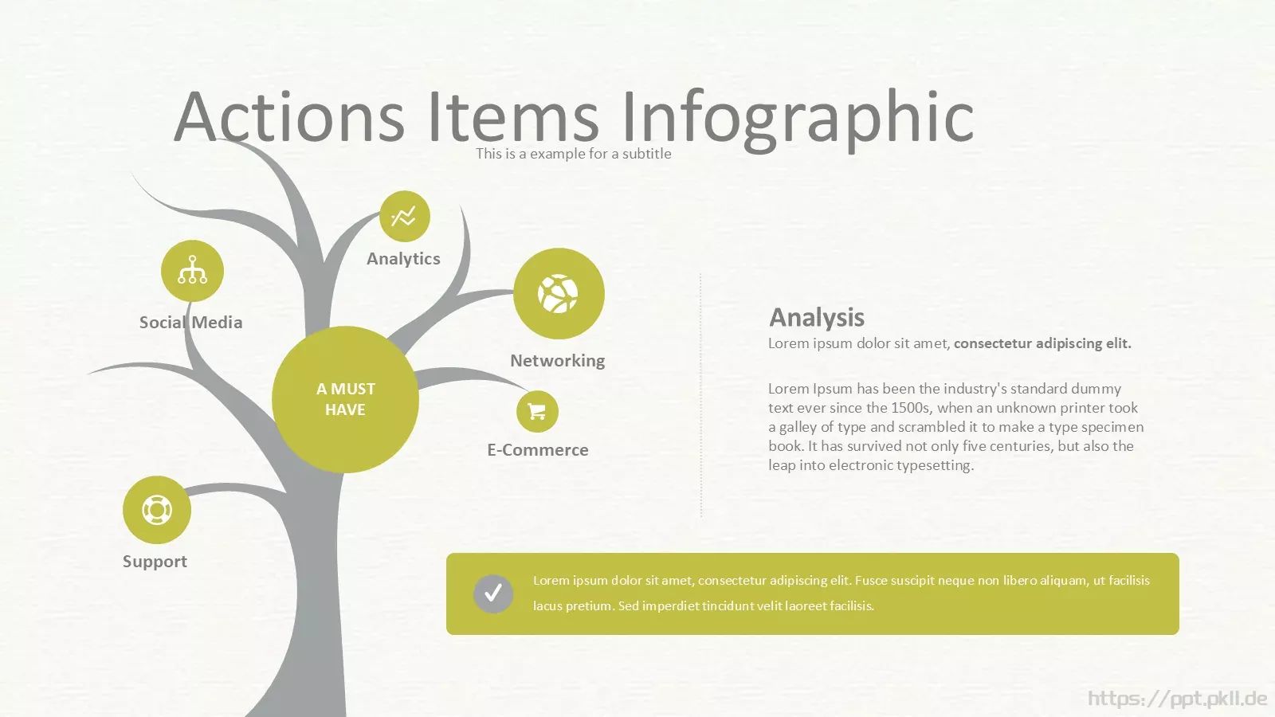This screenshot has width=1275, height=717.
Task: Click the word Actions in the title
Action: (x=289, y=116)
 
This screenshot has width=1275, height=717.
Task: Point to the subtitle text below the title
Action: (x=573, y=154)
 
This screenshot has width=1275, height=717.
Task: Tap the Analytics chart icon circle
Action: (x=405, y=216)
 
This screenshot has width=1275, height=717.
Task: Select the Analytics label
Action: (x=403, y=259)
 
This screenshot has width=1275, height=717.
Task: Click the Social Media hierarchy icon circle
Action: (x=192, y=271)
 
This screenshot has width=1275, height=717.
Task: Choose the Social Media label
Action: (x=190, y=322)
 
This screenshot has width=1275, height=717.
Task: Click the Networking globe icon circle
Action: (x=559, y=294)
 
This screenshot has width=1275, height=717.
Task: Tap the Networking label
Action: (x=557, y=361)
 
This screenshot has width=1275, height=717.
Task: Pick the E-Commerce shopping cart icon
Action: (x=537, y=411)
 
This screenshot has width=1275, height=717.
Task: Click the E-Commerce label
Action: (x=538, y=449)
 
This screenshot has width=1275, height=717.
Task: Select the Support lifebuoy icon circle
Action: (x=156, y=510)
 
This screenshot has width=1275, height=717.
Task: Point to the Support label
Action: (x=155, y=562)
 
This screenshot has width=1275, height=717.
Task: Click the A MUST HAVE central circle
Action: (x=346, y=399)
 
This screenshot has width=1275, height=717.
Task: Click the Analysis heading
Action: (x=817, y=318)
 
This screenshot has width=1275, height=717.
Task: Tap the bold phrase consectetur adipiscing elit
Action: (x=1043, y=343)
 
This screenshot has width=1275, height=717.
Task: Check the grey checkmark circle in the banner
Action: (x=493, y=594)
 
